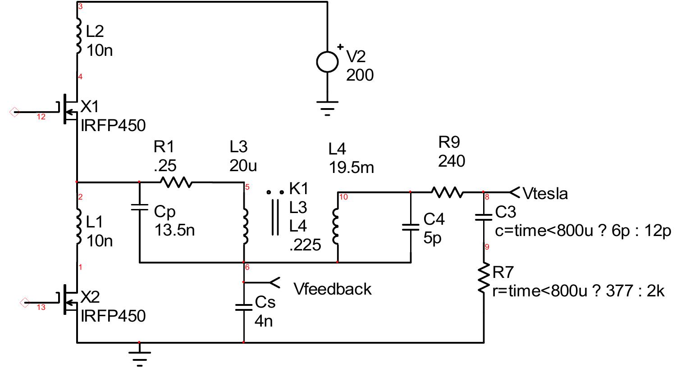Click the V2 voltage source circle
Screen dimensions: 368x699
[x=327, y=62]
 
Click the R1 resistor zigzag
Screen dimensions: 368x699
[x=175, y=182]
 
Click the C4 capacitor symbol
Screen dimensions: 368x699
[x=410, y=227]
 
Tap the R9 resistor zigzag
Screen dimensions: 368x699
[x=447, y=192]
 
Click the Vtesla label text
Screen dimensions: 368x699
[x=545, y=194]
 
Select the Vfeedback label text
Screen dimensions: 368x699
[x=333, y=289]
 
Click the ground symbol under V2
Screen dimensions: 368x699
[x=327, y=109]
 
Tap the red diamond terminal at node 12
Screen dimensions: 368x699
[x=14, y=112]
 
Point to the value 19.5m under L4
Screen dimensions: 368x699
[x=351, y=168]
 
